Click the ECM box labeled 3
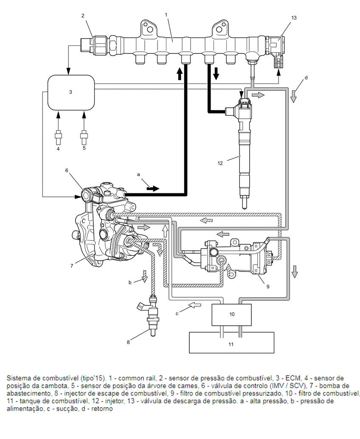coord(71,92)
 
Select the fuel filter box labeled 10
coord(232,315)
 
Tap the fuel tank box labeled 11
coord(231,342)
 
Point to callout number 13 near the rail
coord(294,18)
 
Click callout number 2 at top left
coord(83,16)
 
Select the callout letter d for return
coord(306,78)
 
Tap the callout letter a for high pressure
coord(138,175)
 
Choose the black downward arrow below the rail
coord(216,74)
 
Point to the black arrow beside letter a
coord(153,188)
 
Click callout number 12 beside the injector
coord(220,163)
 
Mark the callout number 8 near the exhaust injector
coord(128,342)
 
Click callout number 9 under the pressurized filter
coord(268,286)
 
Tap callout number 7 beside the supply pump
coord(72,266)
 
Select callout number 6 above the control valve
coord(67,170)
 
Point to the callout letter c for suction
coord(177,313)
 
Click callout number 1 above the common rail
coord(166,14)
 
